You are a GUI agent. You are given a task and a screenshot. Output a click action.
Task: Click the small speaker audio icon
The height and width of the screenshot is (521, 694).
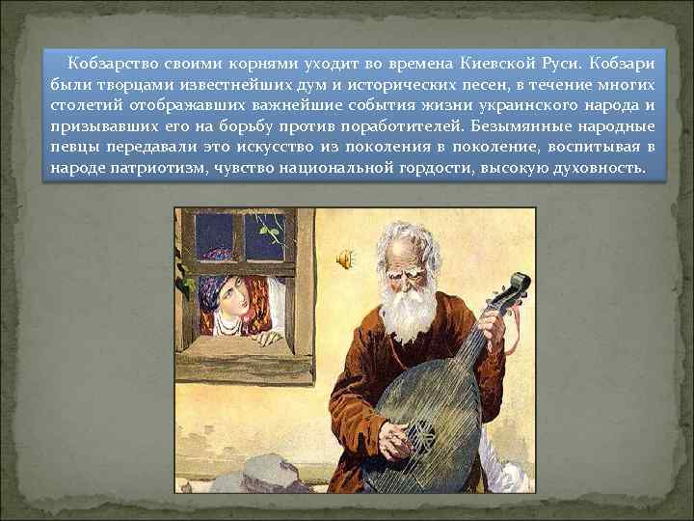point(344,259)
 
